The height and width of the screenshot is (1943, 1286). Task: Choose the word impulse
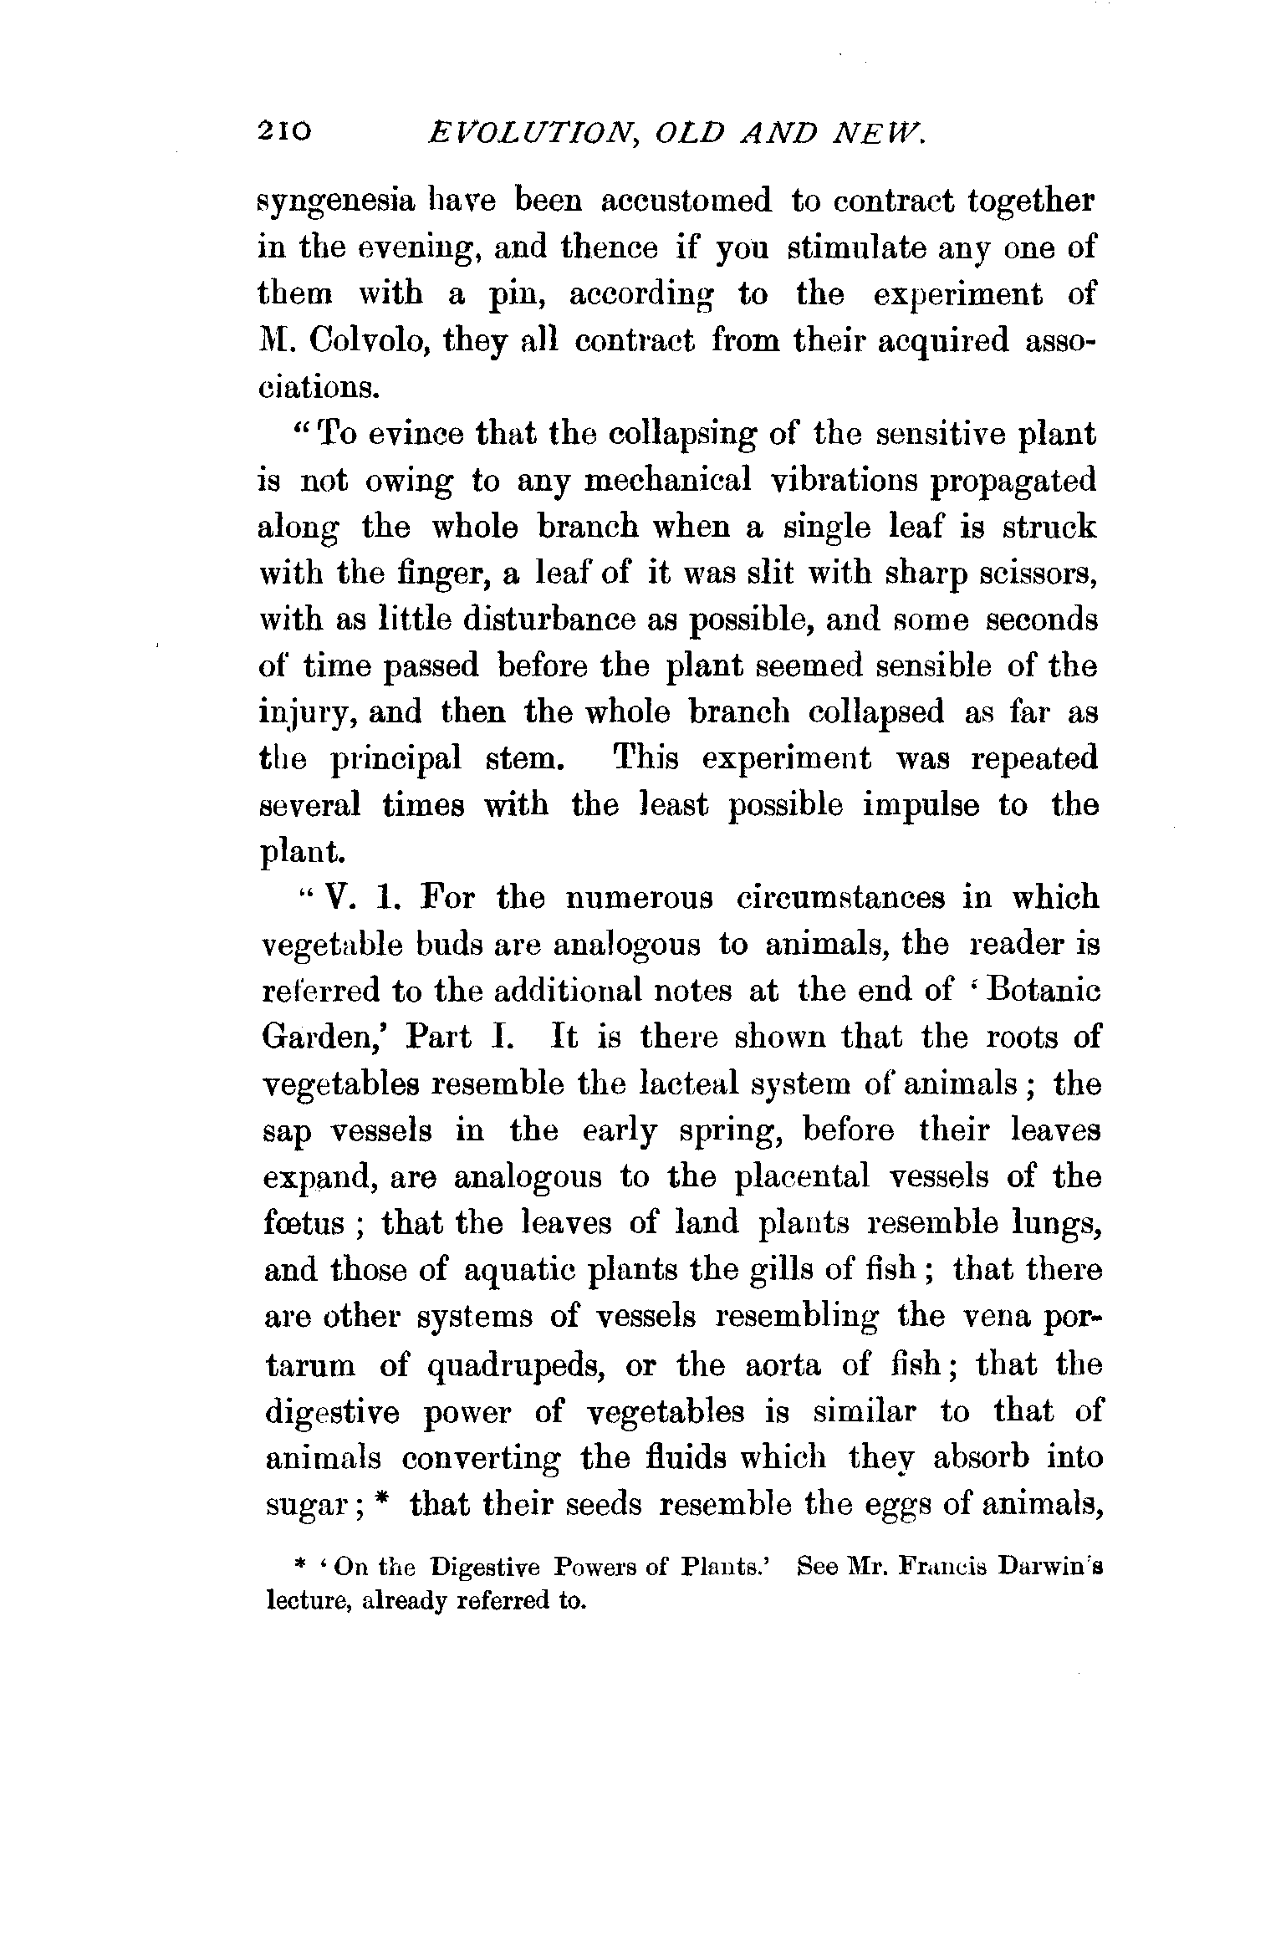coord(917,805)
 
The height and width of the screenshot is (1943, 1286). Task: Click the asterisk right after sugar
coord(382,1501)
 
